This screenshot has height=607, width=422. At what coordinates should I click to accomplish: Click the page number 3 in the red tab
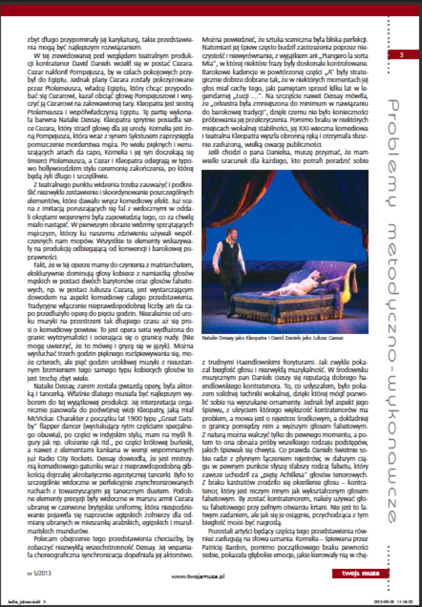(x=400, y=54)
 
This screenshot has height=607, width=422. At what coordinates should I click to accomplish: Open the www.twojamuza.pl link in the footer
(x=198, y=576)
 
